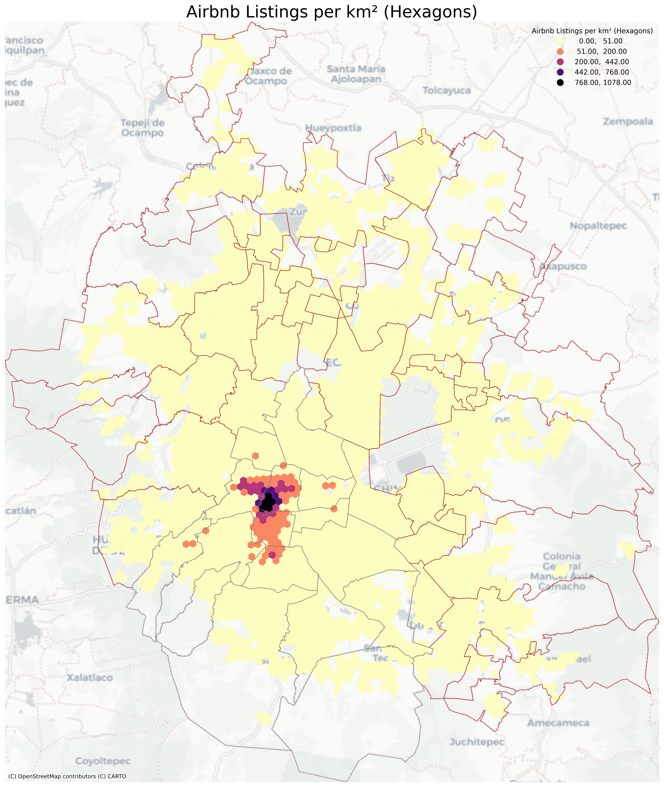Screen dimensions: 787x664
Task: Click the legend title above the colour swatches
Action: pos(592,31)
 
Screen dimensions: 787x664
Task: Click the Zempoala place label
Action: pos(627,122)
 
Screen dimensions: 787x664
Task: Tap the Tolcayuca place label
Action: pos(447,91)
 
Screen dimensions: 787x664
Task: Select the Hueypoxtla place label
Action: pos(333,128)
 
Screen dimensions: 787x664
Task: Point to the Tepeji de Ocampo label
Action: pos(143,128)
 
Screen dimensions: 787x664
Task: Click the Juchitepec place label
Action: pos(477,742)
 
